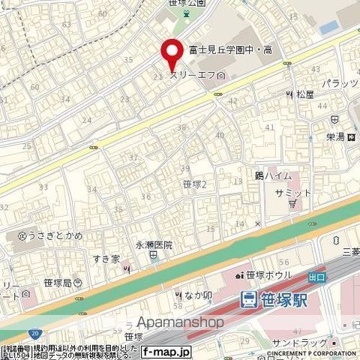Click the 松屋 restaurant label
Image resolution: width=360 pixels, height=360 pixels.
point(303,94)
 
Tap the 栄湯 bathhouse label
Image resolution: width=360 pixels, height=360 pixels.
point(337,136)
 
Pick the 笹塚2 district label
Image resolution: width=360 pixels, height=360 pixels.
point(193,183)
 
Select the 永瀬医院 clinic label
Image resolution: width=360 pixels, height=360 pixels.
point(154,244)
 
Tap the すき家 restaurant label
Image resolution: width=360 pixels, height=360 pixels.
point(107,259)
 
